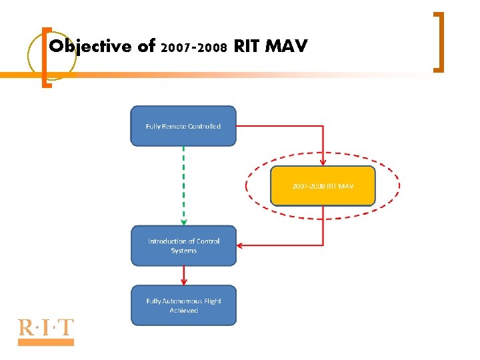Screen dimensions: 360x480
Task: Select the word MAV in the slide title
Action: tap(286, 47)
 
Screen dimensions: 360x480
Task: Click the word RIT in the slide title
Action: tap(247, 47)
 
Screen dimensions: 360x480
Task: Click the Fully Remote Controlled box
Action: tap(183, 126)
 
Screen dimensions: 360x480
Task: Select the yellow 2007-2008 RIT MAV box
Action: tap(323, 185)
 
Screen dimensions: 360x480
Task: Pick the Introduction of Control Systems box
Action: tap(183, 246)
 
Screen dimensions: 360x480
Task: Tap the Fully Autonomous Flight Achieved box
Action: tap(183, 305)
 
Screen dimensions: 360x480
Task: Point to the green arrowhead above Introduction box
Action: tap(183, 223)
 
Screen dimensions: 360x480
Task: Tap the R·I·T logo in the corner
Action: tap(45, 328)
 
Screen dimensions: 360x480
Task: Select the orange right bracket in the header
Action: tap(439, 41)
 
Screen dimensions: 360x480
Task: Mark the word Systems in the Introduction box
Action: tap(183, 251)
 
